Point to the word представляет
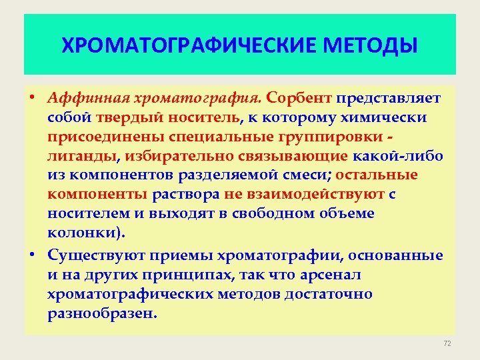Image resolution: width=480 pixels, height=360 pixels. click(x=388, y=99)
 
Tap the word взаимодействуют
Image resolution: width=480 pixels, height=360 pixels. click(x=317, y=195)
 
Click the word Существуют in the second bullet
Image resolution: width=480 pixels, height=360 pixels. click(x=96, y=256)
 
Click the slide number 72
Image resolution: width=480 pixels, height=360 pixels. click(x=447, y=343)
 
